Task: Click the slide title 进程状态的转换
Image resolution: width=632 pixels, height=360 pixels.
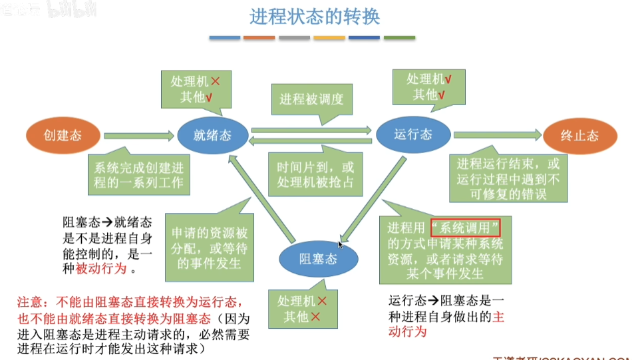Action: click(315, 17)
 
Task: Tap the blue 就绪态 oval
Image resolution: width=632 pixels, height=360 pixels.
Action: click(213, 136)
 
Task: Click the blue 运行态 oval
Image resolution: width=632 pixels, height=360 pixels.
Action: click(412, 135)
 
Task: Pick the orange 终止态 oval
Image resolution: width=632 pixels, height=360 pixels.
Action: click(579, 136)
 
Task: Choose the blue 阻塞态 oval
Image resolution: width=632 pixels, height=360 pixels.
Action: click(317, 259)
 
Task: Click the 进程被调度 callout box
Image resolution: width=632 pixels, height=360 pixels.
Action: click(311, 100)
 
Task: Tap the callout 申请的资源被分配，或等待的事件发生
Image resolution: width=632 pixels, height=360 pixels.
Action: click(210, 248)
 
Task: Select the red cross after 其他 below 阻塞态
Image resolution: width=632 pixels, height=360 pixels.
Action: click(315, 317)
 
